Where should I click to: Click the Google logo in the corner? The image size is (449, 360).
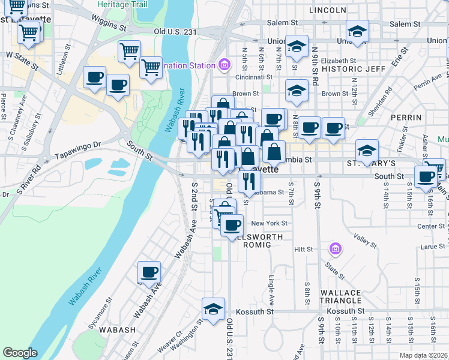[20, 353]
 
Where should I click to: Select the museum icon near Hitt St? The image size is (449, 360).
[334, 248]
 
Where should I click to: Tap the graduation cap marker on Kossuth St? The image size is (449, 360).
[212, 309]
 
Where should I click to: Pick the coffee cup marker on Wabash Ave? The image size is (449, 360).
[149, 272]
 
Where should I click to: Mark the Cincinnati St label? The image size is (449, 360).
[255, 77]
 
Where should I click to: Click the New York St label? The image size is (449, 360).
[270, 223]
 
